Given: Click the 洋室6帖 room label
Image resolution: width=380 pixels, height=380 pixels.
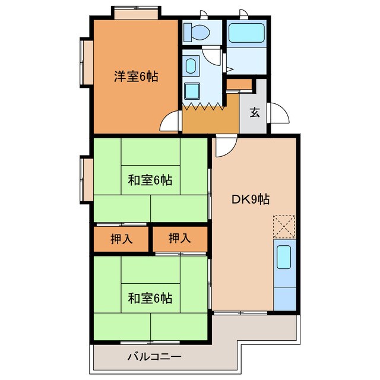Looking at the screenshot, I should click(136, 77).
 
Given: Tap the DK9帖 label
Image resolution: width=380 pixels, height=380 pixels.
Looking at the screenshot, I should click(250, 199).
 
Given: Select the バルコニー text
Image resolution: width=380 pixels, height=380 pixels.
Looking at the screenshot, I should click(154, 357).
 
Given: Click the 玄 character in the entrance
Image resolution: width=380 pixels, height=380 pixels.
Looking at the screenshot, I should click(255, 112).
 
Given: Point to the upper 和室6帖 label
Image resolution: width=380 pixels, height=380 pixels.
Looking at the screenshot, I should click(150, 180).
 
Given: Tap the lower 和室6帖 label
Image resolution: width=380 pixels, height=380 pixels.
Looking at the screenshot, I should click(150, 298).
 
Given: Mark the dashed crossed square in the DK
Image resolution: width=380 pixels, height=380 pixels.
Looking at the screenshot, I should click(283, 226).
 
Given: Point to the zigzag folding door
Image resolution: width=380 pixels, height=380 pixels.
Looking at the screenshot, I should click(202, 107).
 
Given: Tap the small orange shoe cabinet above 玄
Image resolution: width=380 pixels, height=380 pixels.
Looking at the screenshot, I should click(240, 83).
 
